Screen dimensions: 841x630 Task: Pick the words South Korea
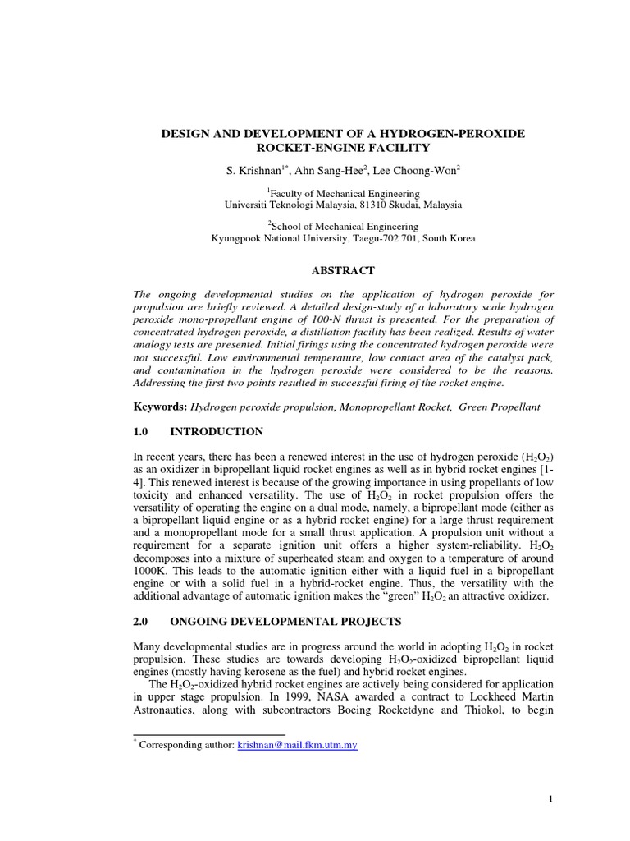click(450, 238)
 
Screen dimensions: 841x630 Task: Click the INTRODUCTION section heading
click(217, 431)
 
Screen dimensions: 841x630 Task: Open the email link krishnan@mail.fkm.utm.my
click(297, 746)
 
